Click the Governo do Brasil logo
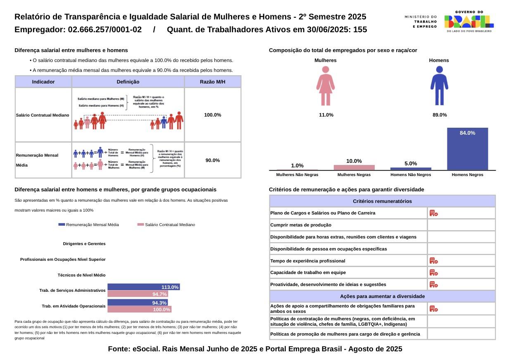coord(469,21)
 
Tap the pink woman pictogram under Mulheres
coord(326,86)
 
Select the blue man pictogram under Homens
coord(439,86)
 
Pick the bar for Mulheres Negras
coord(354,167)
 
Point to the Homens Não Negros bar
coord(411,169)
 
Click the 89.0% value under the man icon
coord(440,115)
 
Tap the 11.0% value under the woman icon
coord(326,115)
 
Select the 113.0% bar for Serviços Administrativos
coord(143,287)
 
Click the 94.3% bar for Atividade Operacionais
coord(138,303)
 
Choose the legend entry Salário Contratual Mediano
coord(166,225)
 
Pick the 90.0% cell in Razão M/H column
coord(212,160)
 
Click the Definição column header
coord(128,82)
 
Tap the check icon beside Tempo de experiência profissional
coord(433,261)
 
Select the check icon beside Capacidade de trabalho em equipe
coord(433,273)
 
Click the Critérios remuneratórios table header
coord(382,201)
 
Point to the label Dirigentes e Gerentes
coord(84,244)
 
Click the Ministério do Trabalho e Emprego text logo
coord(421,21)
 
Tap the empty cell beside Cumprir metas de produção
coord(461,225)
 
